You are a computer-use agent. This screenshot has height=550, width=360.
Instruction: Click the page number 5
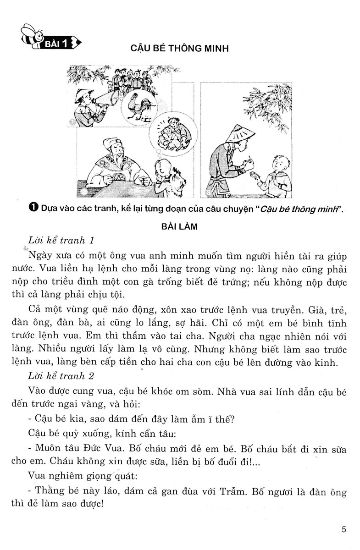(x=344, y=530)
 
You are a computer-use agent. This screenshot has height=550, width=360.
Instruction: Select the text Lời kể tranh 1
(x=61, y=241)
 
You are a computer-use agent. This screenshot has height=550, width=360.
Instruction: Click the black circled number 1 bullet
(x=33, y=209)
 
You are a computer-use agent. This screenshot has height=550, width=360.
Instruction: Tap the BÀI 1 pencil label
(x=60, y=44)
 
